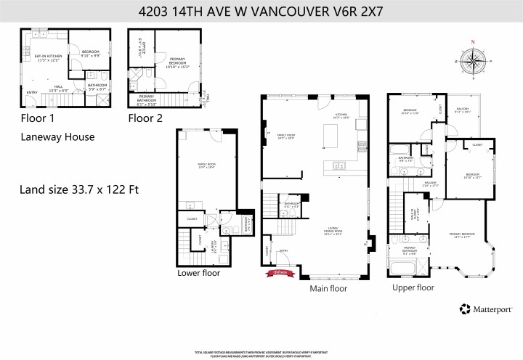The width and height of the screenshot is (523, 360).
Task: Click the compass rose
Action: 473,62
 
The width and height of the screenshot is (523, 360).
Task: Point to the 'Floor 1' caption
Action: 37,118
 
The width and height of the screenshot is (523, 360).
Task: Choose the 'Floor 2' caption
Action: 145,118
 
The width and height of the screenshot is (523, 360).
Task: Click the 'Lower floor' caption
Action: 198,273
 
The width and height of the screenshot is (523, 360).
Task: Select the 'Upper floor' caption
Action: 413,287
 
